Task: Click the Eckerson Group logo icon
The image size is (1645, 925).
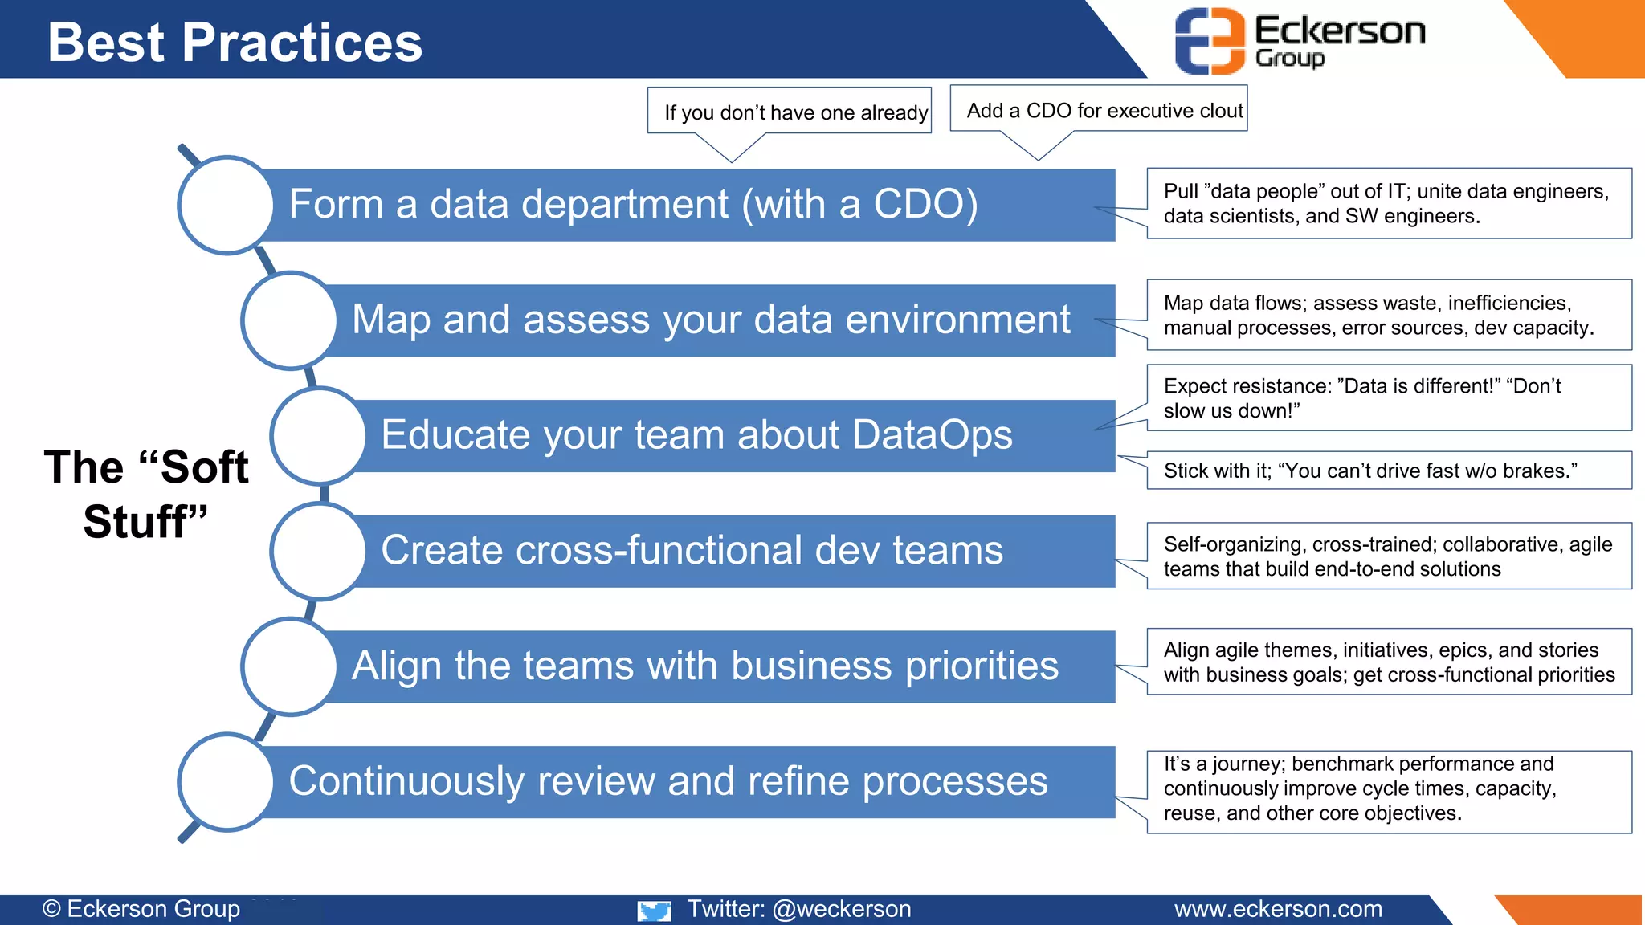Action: tap(1210, 41)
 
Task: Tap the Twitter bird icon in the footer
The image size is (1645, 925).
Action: tap(654, 911)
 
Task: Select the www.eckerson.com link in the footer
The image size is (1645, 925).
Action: tap(1278, 909)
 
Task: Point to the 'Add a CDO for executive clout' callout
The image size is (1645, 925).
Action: tap(1099, 109)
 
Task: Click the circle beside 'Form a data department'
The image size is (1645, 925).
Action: tap(227, 205)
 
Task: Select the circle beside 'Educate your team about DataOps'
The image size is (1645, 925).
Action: tap(319, 436)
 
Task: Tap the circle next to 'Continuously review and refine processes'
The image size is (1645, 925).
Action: tap(227, 782)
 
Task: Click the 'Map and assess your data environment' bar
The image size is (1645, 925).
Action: tap(711, 320)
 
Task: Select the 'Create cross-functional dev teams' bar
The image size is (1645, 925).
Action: tap(691, 551)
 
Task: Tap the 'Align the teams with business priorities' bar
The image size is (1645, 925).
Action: tap(704, 666)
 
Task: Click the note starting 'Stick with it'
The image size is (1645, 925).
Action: tap(1388, 471)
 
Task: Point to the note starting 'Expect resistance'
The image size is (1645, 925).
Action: tap(1388, 398)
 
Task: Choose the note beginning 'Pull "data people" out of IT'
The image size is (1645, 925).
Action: tap(1388, 203)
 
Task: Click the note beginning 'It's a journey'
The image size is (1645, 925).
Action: tap(1388, 788)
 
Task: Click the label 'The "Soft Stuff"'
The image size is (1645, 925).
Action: tap(145, 494)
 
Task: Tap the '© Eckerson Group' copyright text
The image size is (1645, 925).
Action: tap(141, 909)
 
